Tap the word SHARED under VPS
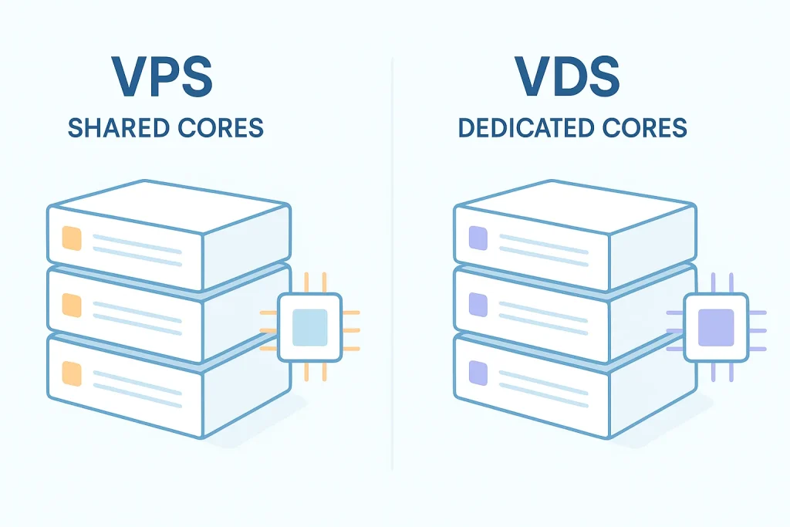pyautogui.click(x=116, y=127)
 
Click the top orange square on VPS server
pyautogui.click(x=71, y=236)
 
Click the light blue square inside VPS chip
pyautogui.click(x=310, y=326)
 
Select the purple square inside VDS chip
pyautogui.click(x=716, y=326)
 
